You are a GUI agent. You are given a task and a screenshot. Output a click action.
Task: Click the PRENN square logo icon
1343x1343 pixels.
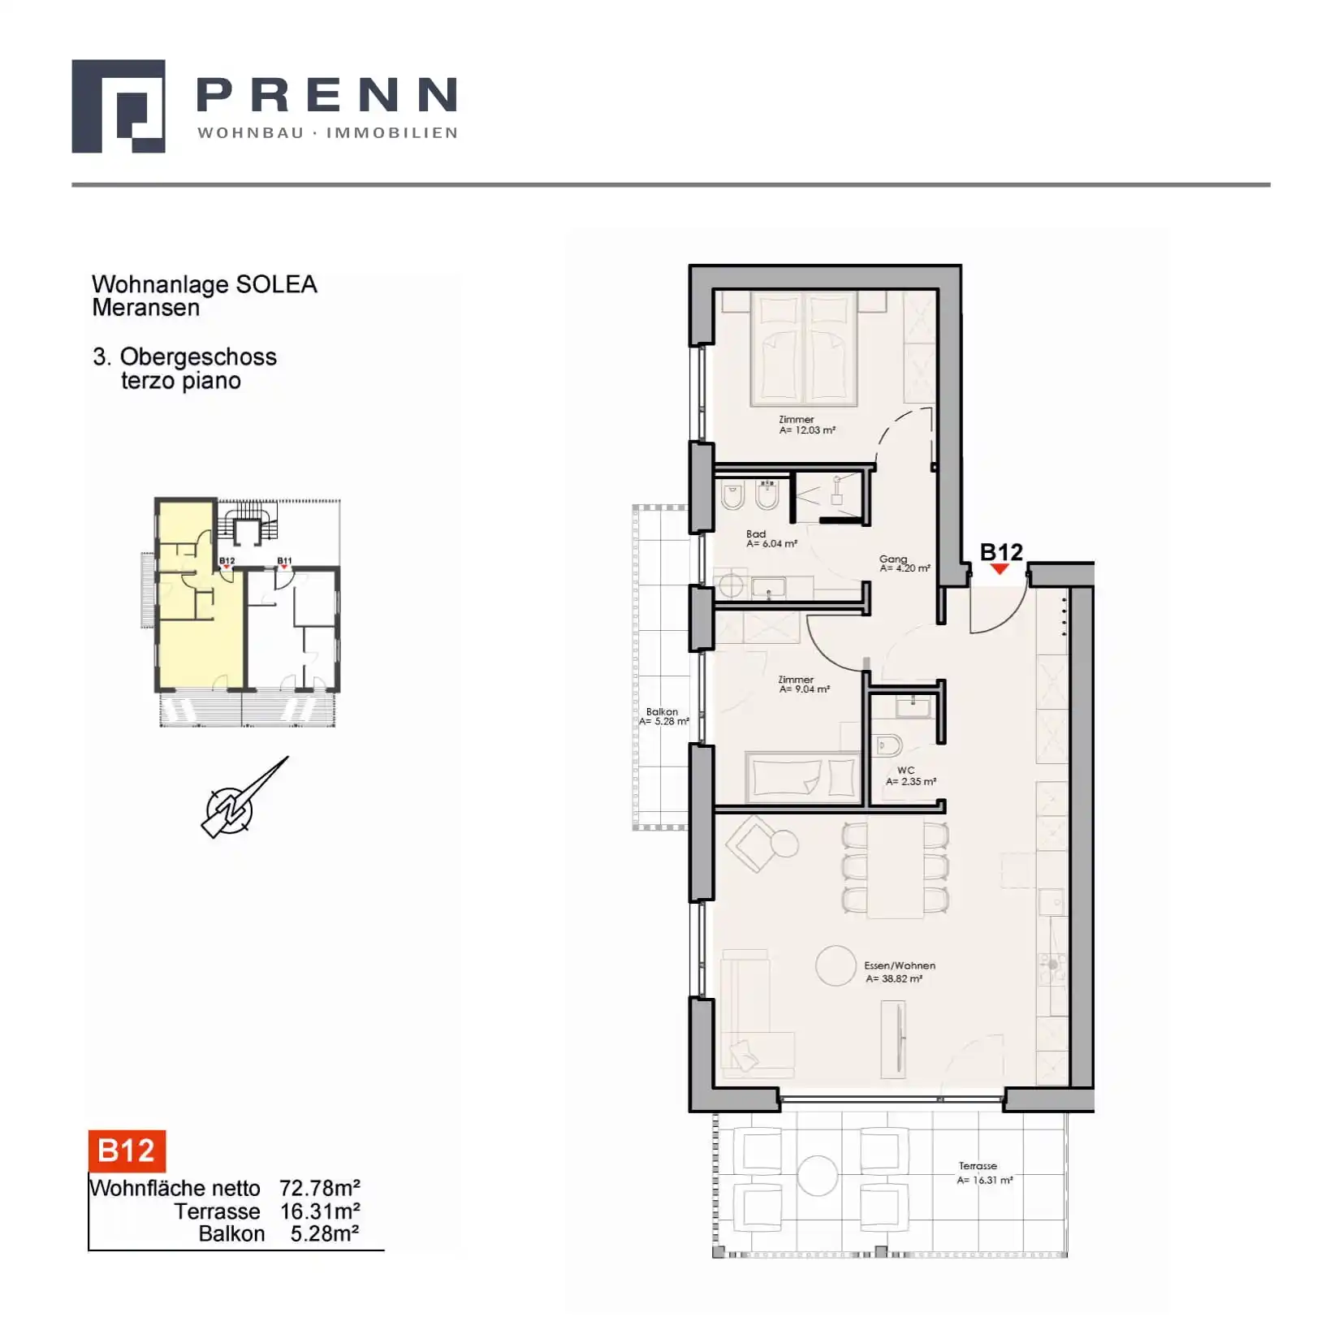pyautogui.click(x=119, y=106)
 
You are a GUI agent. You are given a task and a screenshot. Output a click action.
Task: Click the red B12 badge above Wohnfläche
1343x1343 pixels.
pyautogui.click(x=127, y=1151)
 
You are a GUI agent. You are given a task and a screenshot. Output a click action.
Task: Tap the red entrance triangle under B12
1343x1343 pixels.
pyautogui.click(x=1000, y=569)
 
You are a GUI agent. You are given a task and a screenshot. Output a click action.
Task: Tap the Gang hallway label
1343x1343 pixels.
pyautogui.click(x=904, y=564)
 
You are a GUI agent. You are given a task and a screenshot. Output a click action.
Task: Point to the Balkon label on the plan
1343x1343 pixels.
pyautogui.click(x=663, y=716)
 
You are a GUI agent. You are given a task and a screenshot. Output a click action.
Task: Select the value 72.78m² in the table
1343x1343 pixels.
pyautogui.click(x=320, y=1188)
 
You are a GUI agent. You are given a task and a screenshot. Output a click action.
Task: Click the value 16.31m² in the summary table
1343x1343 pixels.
pyautogui.click(x=320, y=1211)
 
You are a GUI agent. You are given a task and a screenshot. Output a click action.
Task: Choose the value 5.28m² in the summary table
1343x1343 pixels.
pyautogui.click(x=325, y=1234)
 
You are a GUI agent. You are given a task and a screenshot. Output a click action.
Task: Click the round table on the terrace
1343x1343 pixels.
pyautogui.click(x=817, y=1175)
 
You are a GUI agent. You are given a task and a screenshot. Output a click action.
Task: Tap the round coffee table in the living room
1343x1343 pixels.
pyautogui.click(x=836, y=965)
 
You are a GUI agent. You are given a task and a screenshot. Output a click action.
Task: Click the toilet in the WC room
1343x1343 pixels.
pyautogui.click(x=889, y=745)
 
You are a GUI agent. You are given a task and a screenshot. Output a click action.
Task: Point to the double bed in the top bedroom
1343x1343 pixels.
pyautogui.click(x=804, y=349)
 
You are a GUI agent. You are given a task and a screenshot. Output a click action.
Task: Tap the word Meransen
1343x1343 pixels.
pyautogui.click(x=146, y=308)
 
